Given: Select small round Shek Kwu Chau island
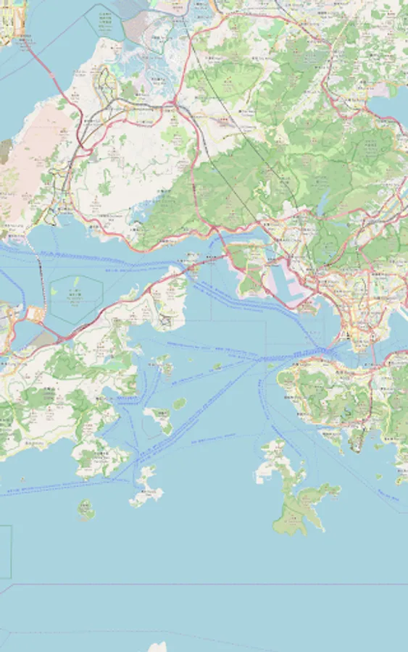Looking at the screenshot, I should [x=86, y=510].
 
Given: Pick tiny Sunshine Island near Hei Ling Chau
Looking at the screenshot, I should [x=178, y=403].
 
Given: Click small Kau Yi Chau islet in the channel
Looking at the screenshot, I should [x=217, y=367].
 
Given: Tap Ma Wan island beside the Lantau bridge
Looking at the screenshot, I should [x=191, y=259].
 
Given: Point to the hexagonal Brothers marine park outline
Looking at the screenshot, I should [x=76, y=297].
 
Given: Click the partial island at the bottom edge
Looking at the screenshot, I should [x=157, y=647].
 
